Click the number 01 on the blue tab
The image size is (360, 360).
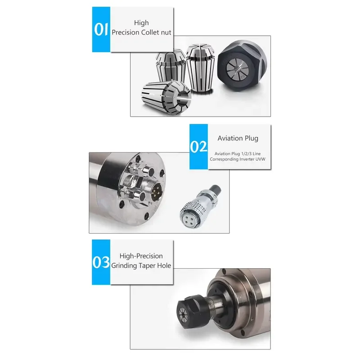click(101, 29)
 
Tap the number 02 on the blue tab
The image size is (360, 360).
click(198, 147)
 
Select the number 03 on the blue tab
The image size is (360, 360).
click(101, 262)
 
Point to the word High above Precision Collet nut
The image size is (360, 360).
click(141, 23)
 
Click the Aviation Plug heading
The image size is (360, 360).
click(238, 139)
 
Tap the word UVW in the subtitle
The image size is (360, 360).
click(261, 159)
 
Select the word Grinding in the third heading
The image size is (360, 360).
click(125, 266)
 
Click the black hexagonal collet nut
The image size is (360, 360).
click(242, 65)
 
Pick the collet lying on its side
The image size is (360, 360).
click(166, 97)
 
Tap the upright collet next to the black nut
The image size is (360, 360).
click(200, 68)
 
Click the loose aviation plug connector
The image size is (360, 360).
click(200, 207)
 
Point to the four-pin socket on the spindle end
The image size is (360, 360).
click(156, 192)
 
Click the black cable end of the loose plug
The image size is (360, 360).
click(215, 189)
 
